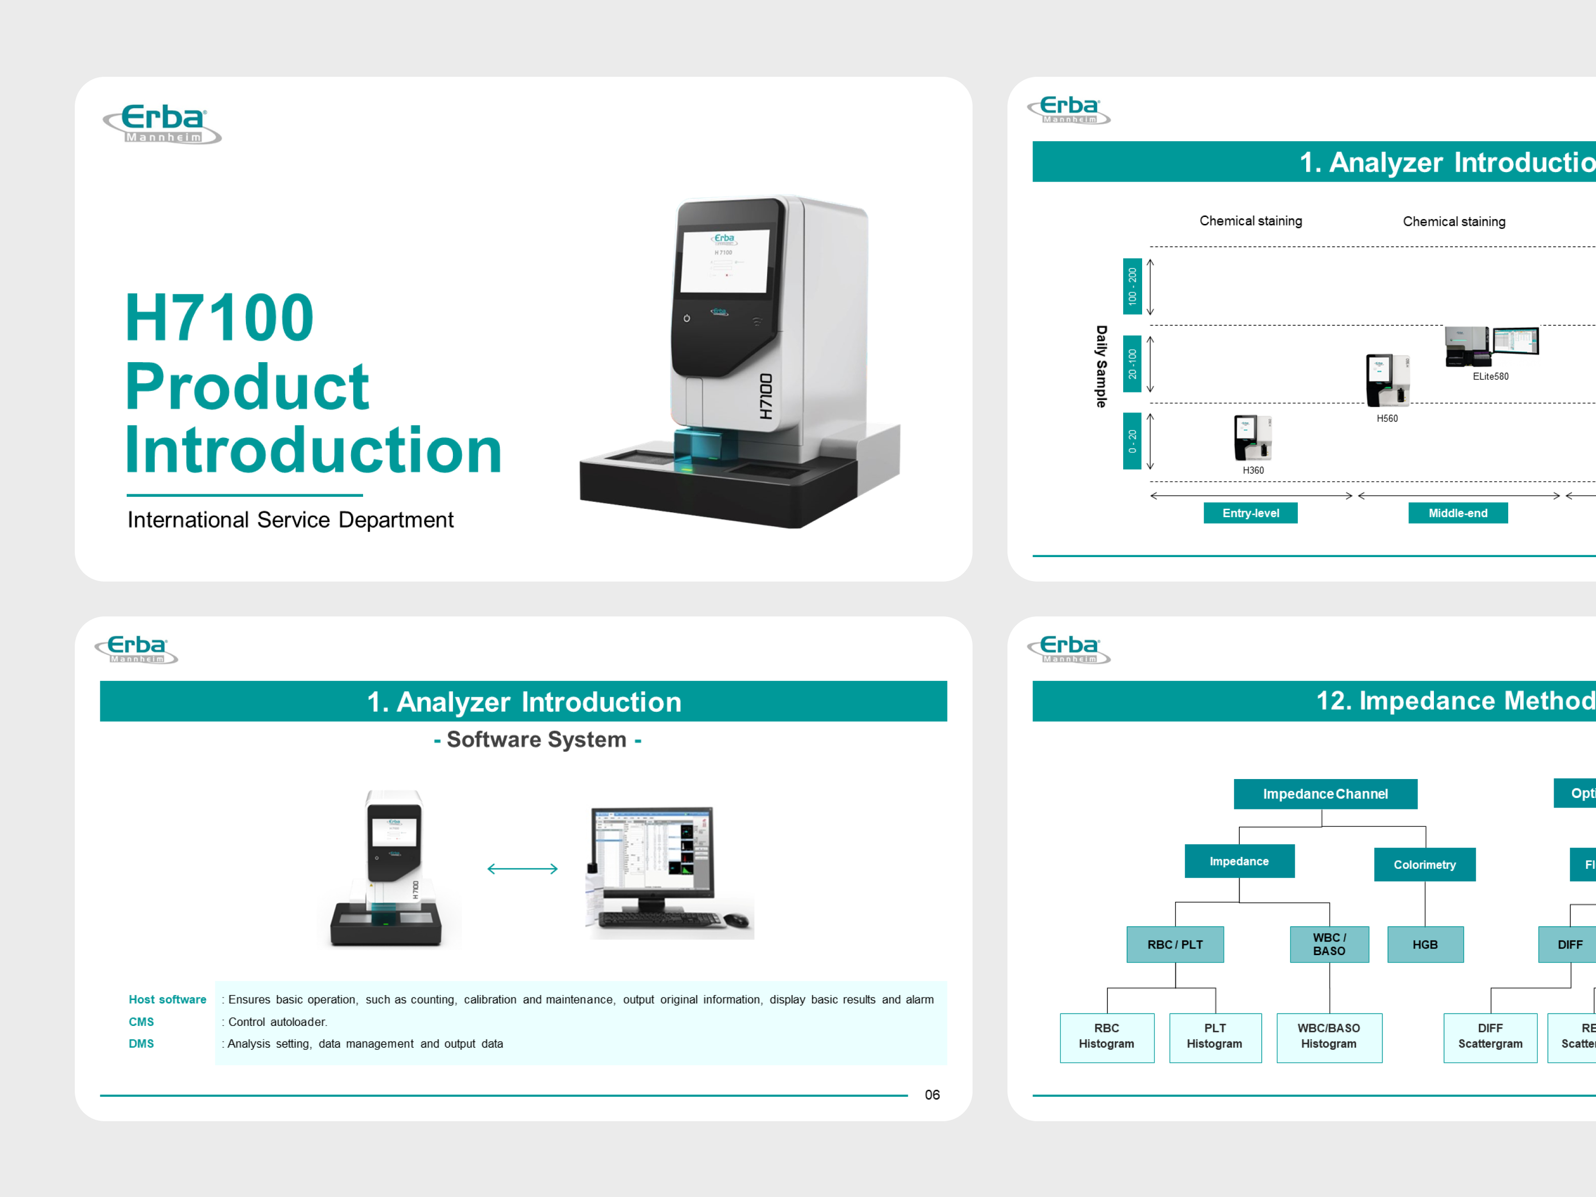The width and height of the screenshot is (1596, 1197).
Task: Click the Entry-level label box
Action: click(1250, 513)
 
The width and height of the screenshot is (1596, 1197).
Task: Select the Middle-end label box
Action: click(1457, 513)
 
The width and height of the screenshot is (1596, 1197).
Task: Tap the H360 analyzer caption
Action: click(1252, 470)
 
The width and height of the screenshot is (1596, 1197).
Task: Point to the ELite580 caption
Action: click(1490, 377)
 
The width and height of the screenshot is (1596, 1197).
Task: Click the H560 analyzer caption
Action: click(1387, 418)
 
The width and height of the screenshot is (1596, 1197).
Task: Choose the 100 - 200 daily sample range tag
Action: click(1132, 286)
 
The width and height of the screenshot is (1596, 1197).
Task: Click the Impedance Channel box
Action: click(1325, 794)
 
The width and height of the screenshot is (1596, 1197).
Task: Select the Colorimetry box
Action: click(1424, 864)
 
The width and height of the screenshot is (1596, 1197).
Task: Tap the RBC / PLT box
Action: click(1175, 945)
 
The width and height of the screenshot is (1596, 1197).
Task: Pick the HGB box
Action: click(1425, 945)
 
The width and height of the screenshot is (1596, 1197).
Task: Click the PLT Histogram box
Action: click(1214, 1036)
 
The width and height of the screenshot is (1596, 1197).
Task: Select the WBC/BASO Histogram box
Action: click(1328, 1036)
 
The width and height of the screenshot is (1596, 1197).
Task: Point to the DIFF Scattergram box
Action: click(1490, 1036)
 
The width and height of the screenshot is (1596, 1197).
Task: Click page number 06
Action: click(932, 1095)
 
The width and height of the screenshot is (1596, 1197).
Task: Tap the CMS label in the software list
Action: click(142, 1021)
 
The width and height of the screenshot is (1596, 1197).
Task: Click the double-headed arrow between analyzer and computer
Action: click(522, 869)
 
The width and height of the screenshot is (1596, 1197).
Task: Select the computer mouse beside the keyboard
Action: click(736, 919)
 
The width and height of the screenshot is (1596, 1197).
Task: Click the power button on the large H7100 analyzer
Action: click(687, 318)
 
